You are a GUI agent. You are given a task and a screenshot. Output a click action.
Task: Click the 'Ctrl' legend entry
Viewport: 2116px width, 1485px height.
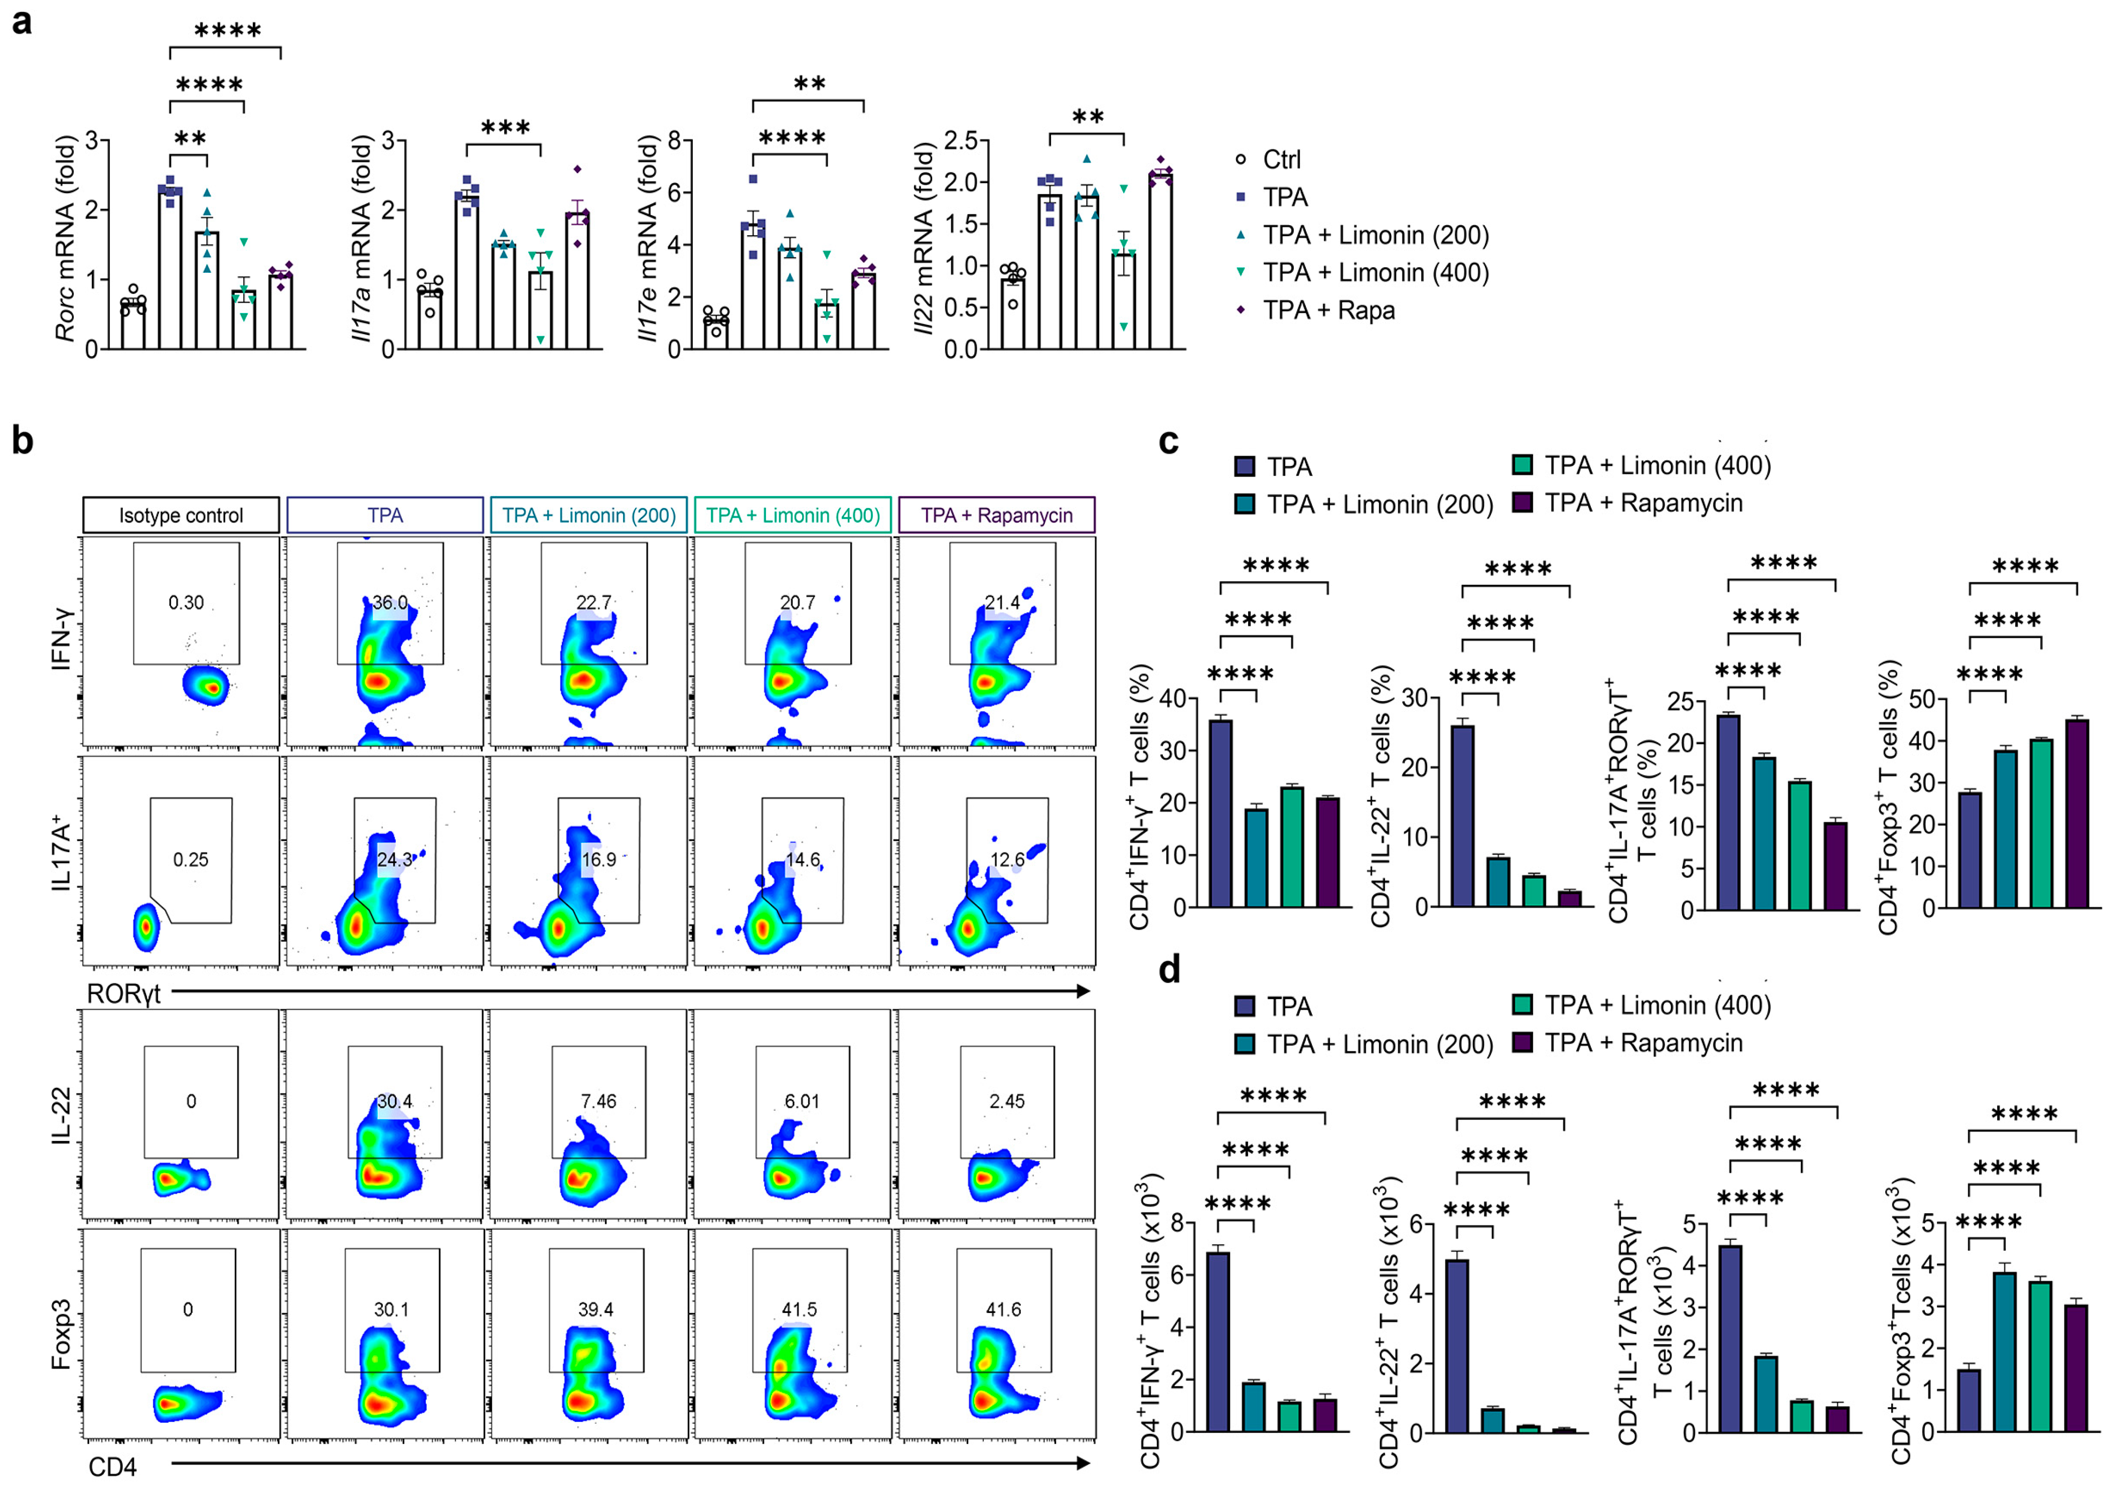click(1281, 159)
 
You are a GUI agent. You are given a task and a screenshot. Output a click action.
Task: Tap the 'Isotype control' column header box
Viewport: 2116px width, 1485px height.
click(181, 515)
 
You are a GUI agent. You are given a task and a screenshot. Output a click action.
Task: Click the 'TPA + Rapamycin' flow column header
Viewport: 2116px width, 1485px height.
click(996, 515)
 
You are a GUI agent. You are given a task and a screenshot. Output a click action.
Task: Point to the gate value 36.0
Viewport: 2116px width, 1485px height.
click(389, 602)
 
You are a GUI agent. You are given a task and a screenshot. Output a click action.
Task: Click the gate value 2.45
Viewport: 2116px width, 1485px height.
click(1006, 1101)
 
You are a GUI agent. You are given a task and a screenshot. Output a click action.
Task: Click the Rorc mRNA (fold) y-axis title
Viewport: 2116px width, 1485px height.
click(65, 240)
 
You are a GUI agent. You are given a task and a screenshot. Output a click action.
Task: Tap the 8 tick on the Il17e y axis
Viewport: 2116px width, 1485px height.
click(674, 141)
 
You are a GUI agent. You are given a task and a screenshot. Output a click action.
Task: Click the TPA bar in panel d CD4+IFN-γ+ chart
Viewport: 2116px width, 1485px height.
click(1219, 1341)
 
